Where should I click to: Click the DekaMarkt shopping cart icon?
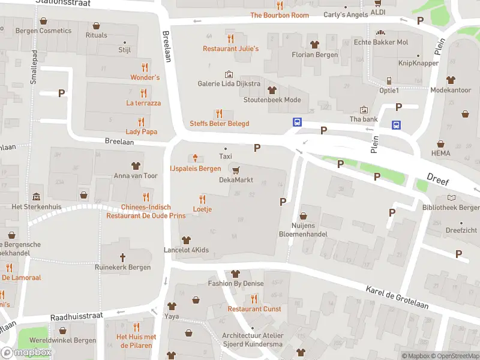[236, 170]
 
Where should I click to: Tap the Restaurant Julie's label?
[230, 49]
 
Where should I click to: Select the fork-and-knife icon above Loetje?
[202, 199]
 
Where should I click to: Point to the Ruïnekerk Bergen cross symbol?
[122, 257]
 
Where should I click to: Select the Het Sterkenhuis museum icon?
[37, 196]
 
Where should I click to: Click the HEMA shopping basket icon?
[440, 144]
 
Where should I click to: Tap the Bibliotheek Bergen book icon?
[451, 197]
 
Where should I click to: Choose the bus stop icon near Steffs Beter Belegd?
[297, 122]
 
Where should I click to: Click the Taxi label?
[226, 156]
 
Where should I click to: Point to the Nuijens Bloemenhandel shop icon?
[303, 215]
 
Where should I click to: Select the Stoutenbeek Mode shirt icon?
[272, 90]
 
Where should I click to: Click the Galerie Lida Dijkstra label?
[229, 83]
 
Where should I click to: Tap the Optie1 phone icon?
[389, 80]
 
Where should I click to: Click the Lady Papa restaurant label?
[141, 131]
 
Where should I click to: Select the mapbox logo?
[26, 353]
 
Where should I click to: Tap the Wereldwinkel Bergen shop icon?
[63, 330]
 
